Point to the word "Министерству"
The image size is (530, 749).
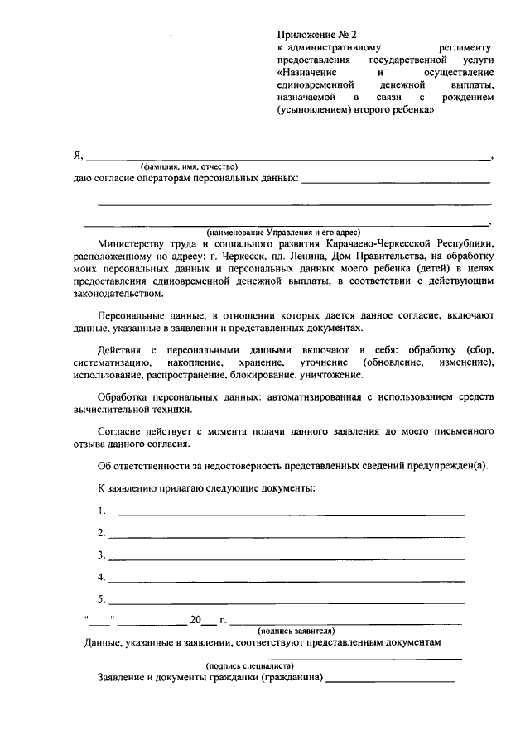(131, 244)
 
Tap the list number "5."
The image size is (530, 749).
(101, 599)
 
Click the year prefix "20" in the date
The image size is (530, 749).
(195, 620)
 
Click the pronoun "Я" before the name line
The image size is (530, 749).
(78, 155)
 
